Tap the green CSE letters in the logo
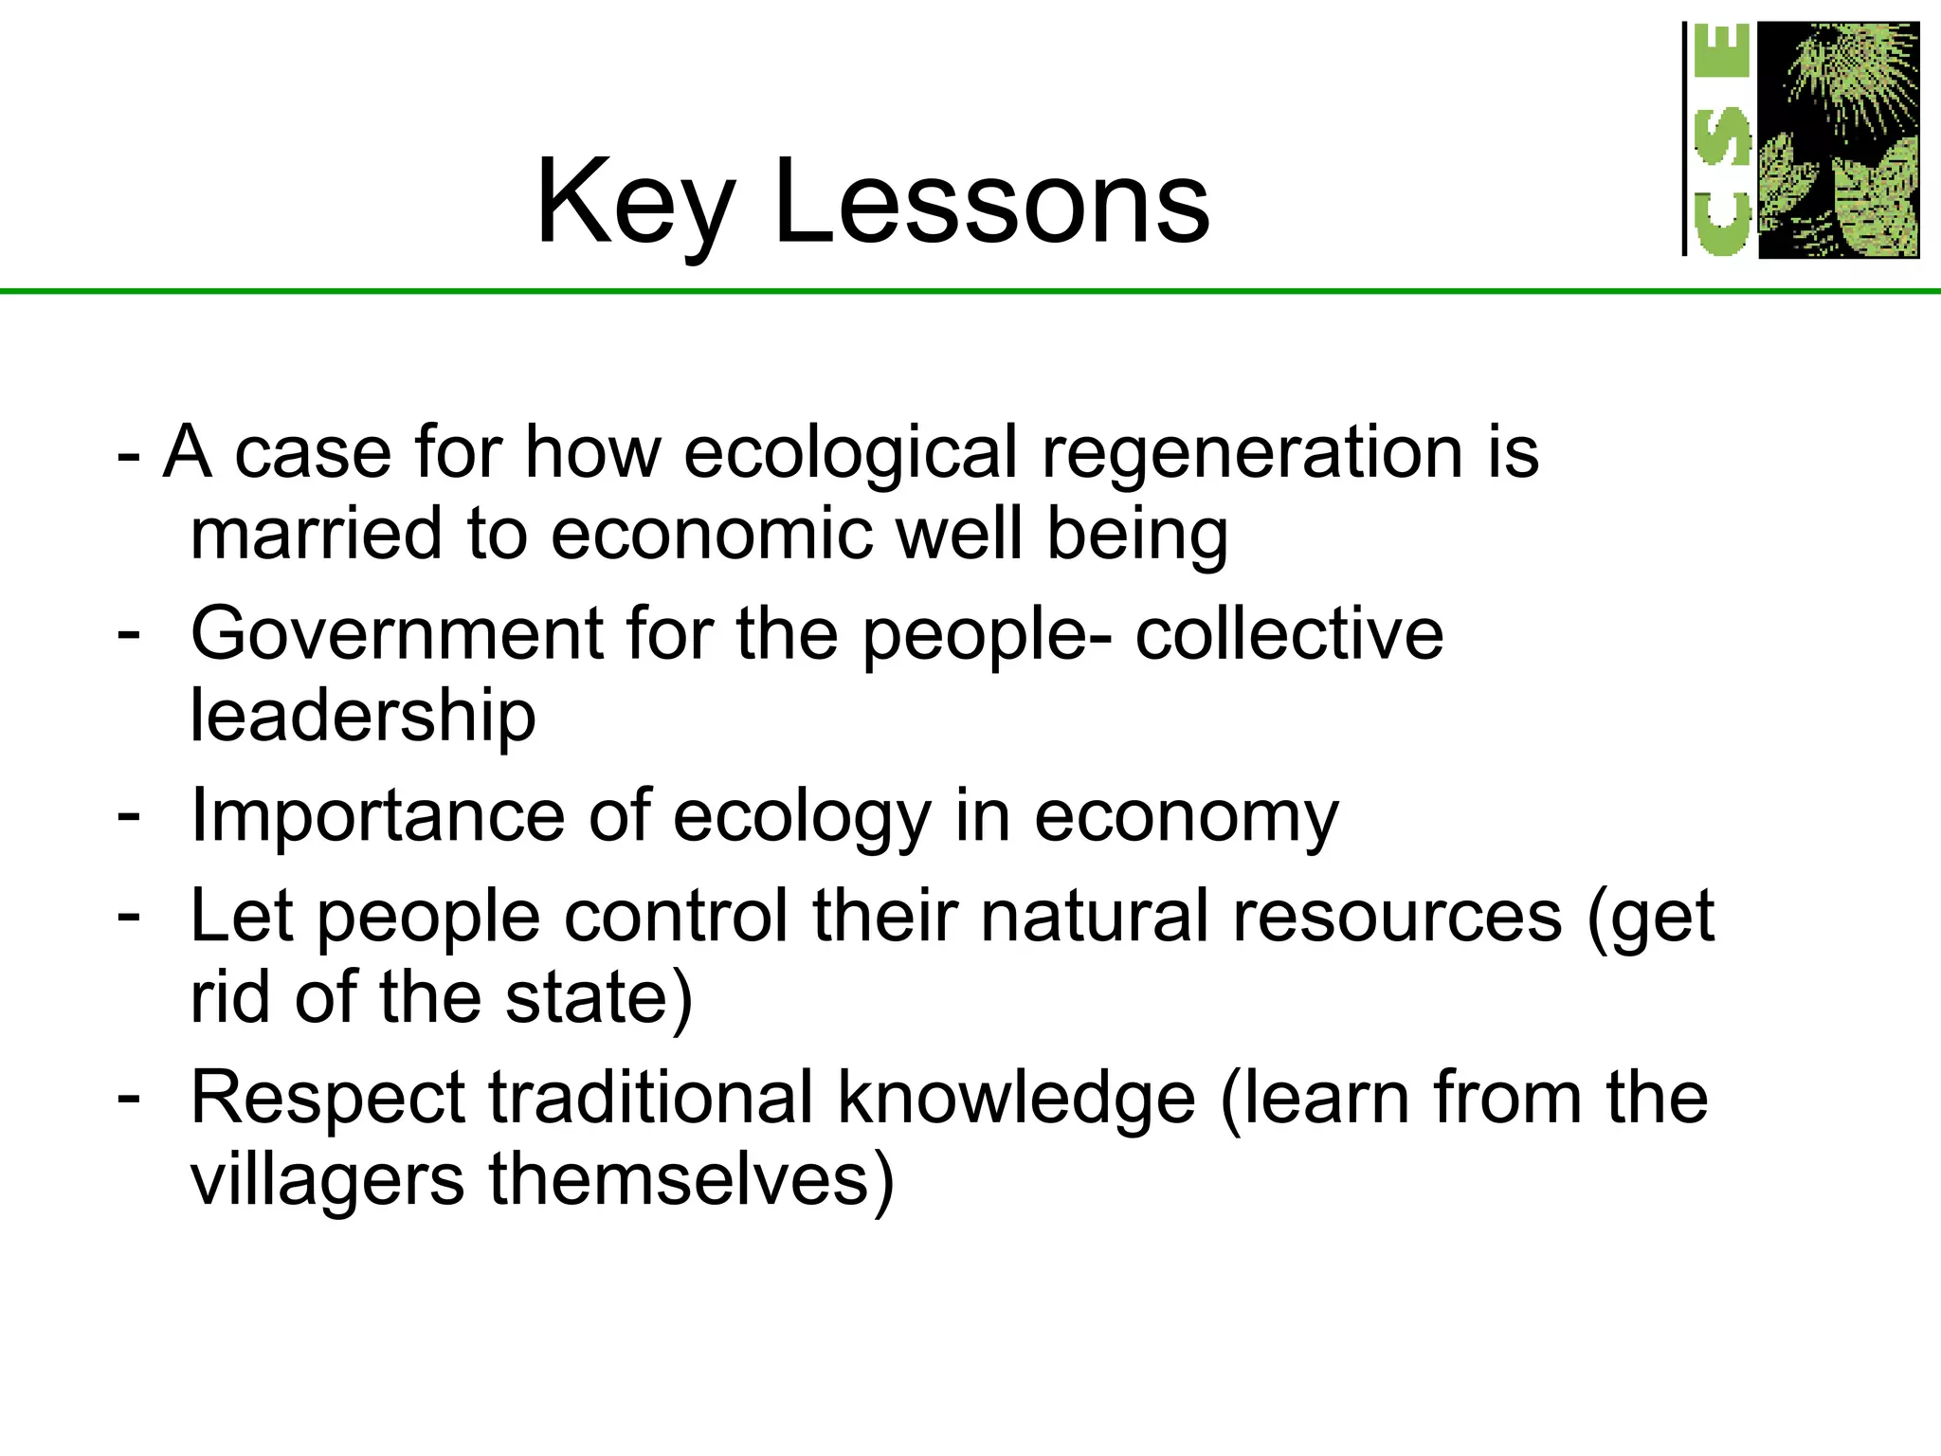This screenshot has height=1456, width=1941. (1722, 140)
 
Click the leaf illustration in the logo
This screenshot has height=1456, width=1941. (1839, 140)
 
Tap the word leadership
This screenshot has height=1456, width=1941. (363, 716)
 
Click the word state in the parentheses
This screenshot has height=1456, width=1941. (588, 998)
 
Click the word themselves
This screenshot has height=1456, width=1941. (680, 1180)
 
